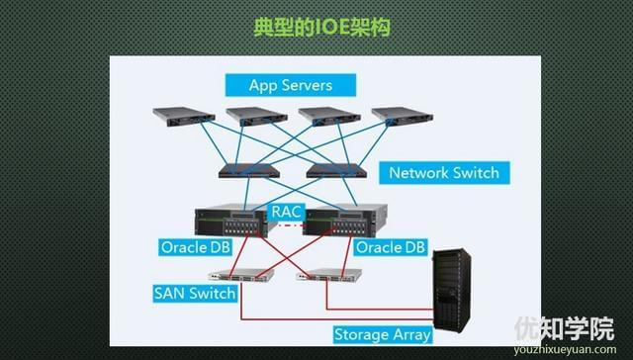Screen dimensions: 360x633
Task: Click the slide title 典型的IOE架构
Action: coord(316,27)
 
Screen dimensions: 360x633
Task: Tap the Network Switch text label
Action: coord(443,173)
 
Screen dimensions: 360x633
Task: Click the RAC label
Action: coord(287,212)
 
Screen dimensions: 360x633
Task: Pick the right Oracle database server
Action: coord(341,223)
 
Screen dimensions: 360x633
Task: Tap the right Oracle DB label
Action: coord(390,246)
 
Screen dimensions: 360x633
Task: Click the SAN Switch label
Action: coord(195,294)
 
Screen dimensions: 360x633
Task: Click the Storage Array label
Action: coord(382,334)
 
